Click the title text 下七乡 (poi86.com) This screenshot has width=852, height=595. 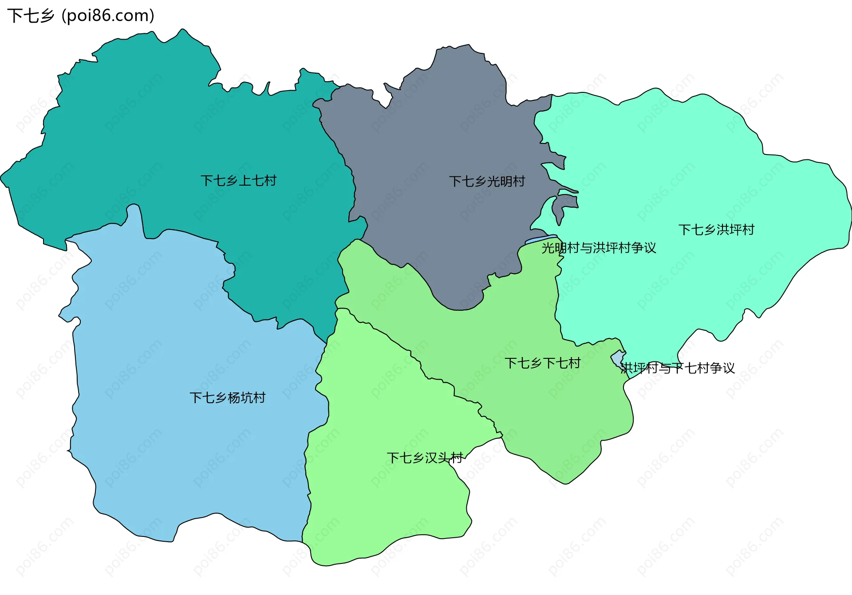(81, 16)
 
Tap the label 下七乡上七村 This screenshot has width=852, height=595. (238, 181)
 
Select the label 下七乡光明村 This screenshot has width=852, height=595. (487, 181)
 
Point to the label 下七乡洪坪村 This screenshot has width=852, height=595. (716, 230)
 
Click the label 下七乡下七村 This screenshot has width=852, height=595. (542, 363)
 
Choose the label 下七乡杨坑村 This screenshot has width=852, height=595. (227, 397)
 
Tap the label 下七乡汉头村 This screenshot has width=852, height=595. (424, 458)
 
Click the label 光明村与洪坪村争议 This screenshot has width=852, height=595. (598, 248)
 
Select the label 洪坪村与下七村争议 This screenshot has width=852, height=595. (677, 368)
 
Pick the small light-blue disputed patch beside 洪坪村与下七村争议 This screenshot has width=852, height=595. (617, 357)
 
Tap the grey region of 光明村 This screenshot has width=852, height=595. (444, 133)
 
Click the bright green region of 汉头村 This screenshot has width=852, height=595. (377, 502)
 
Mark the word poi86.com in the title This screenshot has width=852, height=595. (108, 16)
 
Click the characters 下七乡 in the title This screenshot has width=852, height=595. (30, 16)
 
